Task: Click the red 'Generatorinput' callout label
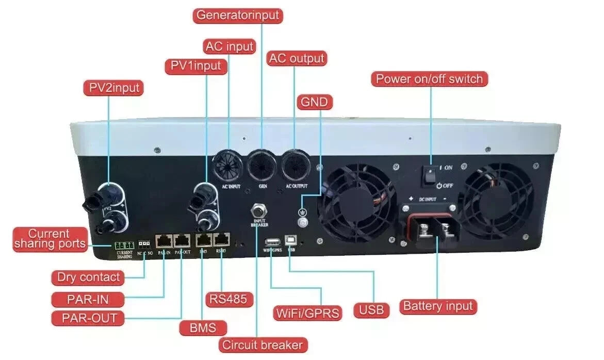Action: (238, 14)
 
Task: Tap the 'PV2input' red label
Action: (113, 88)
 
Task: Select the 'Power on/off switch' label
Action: (429, 79)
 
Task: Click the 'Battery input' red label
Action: (438, 306)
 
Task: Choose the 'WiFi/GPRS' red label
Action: (307, 313)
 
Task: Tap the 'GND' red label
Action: (314, 102)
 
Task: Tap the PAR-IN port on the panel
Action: (164, 240)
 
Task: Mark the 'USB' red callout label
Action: (371, 310)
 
